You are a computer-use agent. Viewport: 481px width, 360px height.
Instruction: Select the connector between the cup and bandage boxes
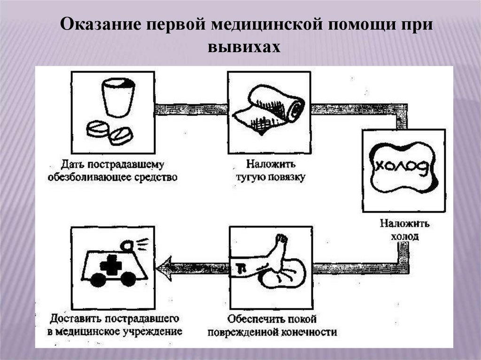click(191, 109)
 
